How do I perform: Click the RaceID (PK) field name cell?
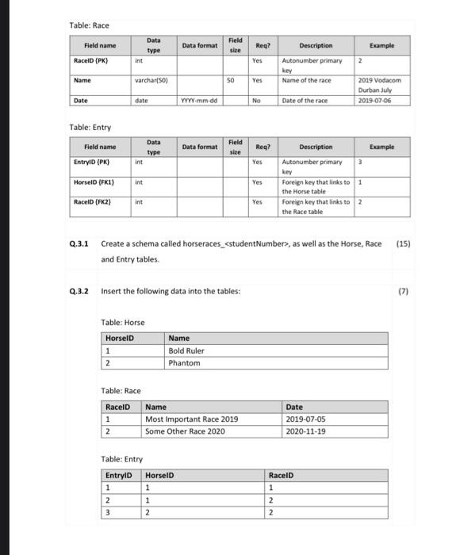click(x=91, y=59)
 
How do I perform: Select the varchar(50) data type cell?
click(x=148, y=80)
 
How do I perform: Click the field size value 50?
click(x=230, y=80)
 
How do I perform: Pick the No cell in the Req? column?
click(x=257, y=101)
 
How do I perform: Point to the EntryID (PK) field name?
click(x=90, y=163)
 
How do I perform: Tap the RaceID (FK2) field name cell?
click(x=92, y=203)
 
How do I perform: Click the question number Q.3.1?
click(x=79, y=245)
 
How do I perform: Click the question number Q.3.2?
click(x=79, y=291)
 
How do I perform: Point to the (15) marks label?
click(x=404, y=245)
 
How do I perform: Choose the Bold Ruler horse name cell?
click(x=186, y=350)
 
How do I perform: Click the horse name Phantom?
click(x=184, y=363)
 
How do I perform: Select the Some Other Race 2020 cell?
click(x=185, y=431)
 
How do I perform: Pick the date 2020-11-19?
click(x=305, y=431)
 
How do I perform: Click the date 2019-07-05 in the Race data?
click(x=305, y=419)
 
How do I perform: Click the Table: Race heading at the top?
click(x=90, y=25)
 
